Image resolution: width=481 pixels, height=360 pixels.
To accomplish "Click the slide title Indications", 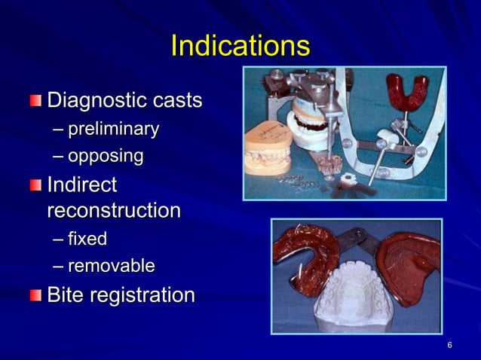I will click(240, 47).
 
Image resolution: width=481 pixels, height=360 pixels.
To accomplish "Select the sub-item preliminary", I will click(113, 130).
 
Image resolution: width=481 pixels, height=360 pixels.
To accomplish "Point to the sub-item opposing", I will click(106, 156).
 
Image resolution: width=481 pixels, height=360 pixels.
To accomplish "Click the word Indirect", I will click(82, 185).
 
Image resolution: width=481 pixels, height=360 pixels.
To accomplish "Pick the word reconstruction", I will click(113, 210).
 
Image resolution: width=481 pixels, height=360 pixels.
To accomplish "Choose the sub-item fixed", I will click(87, 239).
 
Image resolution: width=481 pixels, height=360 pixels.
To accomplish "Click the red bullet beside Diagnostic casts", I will click(36, 100).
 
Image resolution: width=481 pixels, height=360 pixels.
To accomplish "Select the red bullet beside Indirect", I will click(36, 185).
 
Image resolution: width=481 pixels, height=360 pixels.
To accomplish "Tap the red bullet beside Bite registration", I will click(36, 295).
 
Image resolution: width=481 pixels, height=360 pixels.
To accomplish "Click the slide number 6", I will click(449, 345).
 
